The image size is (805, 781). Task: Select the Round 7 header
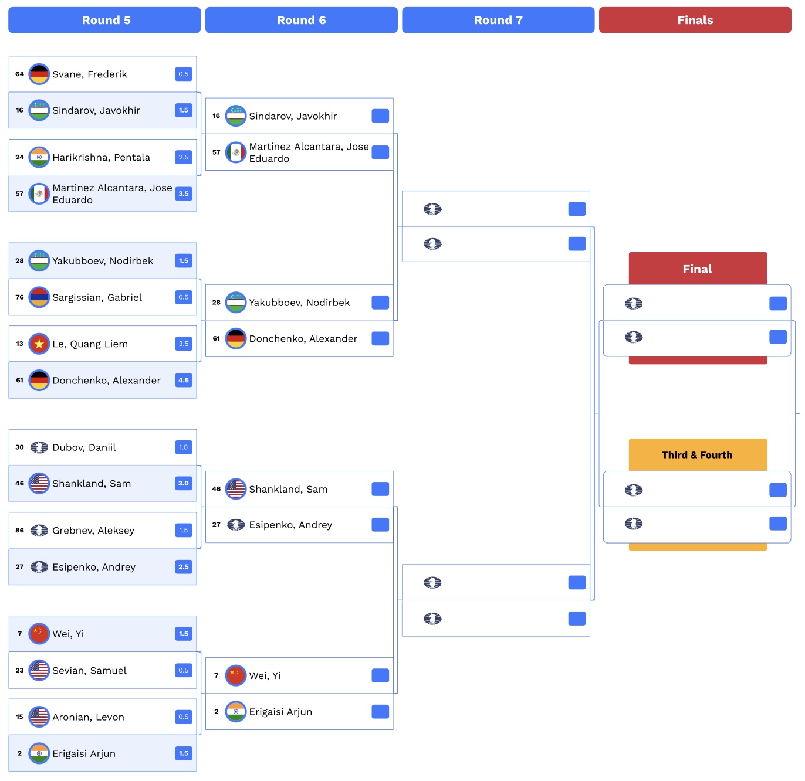(x=498, y=20)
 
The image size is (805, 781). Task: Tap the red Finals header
(x=695, y=20)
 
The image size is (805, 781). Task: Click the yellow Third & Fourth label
(x=697, y=455)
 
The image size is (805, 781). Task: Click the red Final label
(x=697, y=269)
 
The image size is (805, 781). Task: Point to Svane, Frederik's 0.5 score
(x=184, y=74)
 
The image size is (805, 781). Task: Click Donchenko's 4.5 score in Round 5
(x=184, y=380)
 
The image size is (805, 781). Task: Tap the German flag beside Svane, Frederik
(x=39, y=74)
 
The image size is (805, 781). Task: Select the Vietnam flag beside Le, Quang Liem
(x=39, y=344)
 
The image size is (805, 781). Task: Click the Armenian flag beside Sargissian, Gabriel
(x=39, y=297)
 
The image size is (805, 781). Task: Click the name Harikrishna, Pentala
(x=101, y=157)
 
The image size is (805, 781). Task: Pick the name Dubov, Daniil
(x=84, y=447)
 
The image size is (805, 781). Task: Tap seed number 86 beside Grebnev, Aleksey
(x=19, y=530)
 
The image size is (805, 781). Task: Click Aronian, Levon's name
(x=88, y=717)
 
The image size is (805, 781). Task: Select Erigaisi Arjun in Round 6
(x=280, y=712)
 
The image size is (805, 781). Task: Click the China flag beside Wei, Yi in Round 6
(x=235, y=675)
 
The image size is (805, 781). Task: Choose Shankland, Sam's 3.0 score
(x=184, y=483)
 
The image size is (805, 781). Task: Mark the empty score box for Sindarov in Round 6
(x=380, y=116)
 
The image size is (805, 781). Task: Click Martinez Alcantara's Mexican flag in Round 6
(x=235, y=152)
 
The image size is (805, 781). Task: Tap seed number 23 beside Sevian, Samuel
(x=19, y=670)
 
